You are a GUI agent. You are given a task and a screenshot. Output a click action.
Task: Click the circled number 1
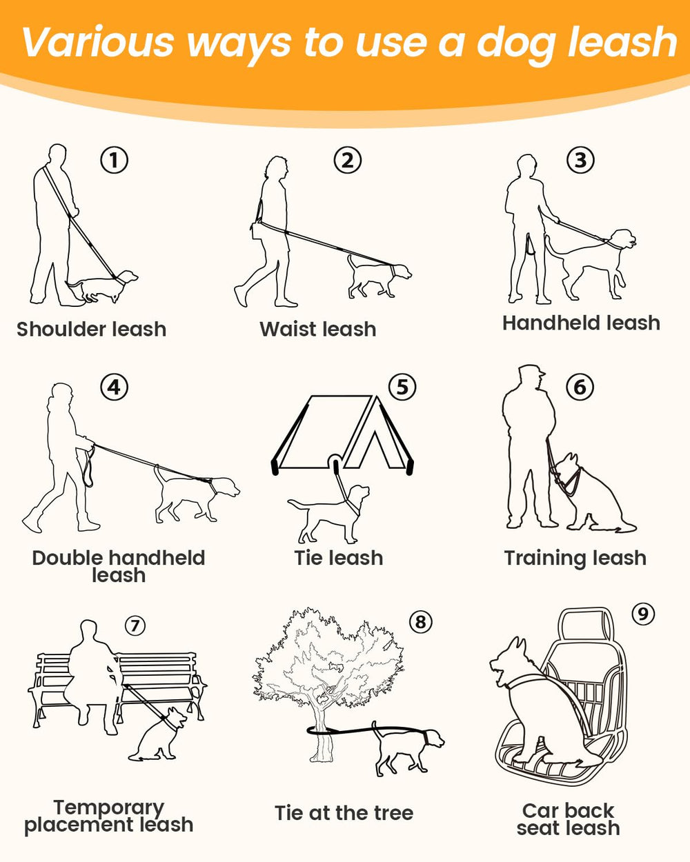pos(115,160)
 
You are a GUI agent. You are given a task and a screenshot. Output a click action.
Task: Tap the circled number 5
pos(402,387)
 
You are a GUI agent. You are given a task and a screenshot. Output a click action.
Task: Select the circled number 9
pos(643,614)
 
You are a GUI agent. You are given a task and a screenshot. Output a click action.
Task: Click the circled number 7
pos(135,625)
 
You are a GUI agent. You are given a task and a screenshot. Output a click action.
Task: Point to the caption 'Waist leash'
pos(317,329)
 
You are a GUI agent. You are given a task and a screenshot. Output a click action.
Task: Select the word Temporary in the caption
pos(108,809)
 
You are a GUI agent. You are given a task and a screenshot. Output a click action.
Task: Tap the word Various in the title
pos(98,41)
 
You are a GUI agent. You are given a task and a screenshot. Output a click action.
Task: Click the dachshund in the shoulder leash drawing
pos(102,285)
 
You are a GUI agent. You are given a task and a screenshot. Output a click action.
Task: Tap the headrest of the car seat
pos(586,625)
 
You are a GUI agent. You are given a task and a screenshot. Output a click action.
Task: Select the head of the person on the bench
pos(89,632)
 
